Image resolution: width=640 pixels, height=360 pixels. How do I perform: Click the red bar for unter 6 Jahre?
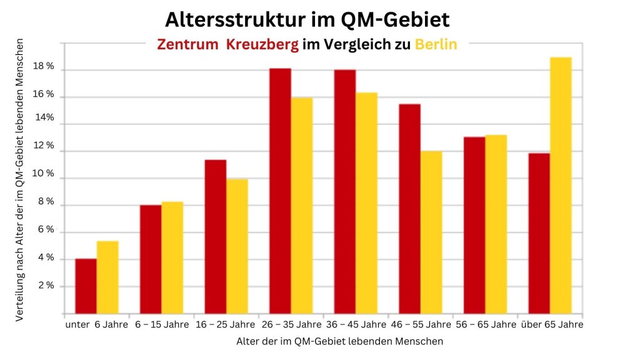[x=86, y=286]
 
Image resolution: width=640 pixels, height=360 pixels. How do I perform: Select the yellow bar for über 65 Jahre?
[x=561, y=186]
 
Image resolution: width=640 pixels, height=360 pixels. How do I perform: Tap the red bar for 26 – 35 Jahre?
[x=280, y=191]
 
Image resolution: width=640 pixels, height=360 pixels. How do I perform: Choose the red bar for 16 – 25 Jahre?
[x=216, y=237]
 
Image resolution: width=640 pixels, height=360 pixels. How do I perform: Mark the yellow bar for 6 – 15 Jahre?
[x=172, y=257]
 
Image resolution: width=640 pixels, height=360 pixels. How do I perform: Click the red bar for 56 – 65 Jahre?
[x=474, y=225]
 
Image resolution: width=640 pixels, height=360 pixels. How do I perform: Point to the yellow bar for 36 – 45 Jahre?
[x=366, y=203]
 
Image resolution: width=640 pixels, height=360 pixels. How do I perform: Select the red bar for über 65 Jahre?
[x=539, y=233]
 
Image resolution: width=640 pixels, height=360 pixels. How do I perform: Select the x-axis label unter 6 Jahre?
[x=96, y=324]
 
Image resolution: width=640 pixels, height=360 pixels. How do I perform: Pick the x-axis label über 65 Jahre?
[x=552, y=324]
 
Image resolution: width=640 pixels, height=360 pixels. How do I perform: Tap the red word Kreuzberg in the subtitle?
[x=262, y=45]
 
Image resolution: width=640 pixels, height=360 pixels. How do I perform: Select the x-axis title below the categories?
[x=340, y=341]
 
